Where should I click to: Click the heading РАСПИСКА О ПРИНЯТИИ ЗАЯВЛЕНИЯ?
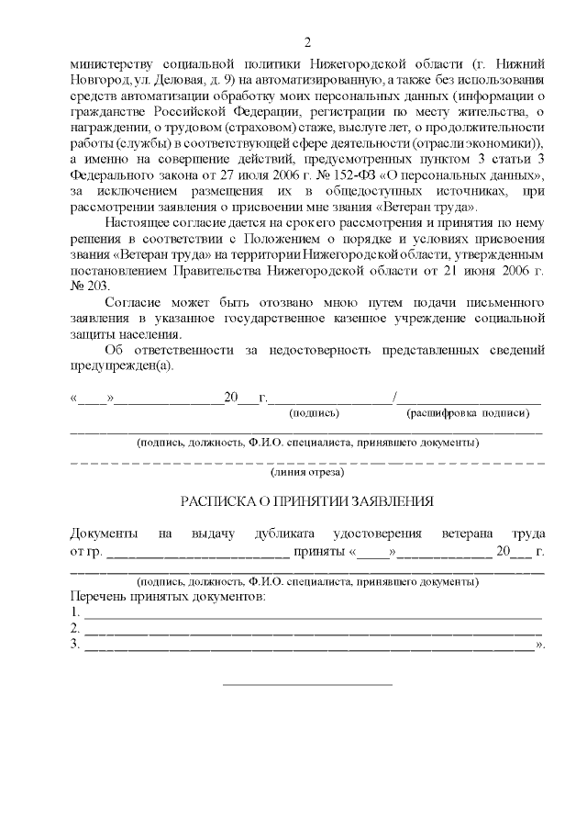(306, 502)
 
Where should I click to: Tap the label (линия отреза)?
(307, 473)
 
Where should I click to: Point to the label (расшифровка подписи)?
(468, 413)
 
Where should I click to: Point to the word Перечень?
(98, 597)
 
